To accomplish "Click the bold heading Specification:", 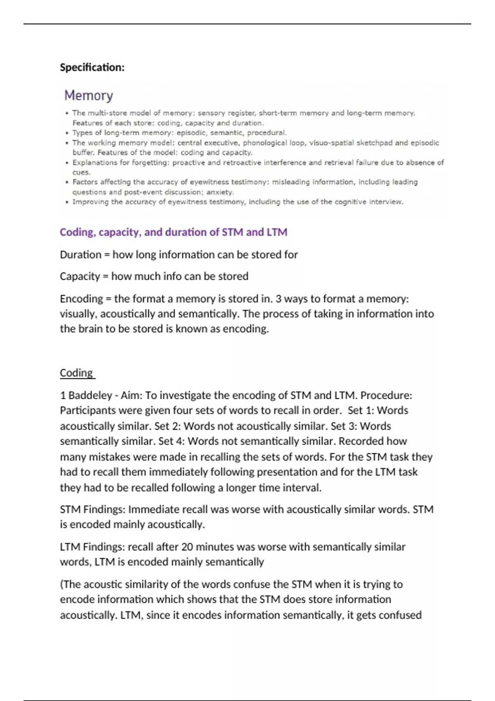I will click(92, 67).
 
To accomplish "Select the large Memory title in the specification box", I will click(88, 96).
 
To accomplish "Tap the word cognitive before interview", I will click(349, 202).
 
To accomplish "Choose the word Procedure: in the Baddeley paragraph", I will click(386, 395).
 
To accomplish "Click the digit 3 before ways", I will click(279, 299).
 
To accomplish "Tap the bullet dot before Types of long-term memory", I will click(67, 133).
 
